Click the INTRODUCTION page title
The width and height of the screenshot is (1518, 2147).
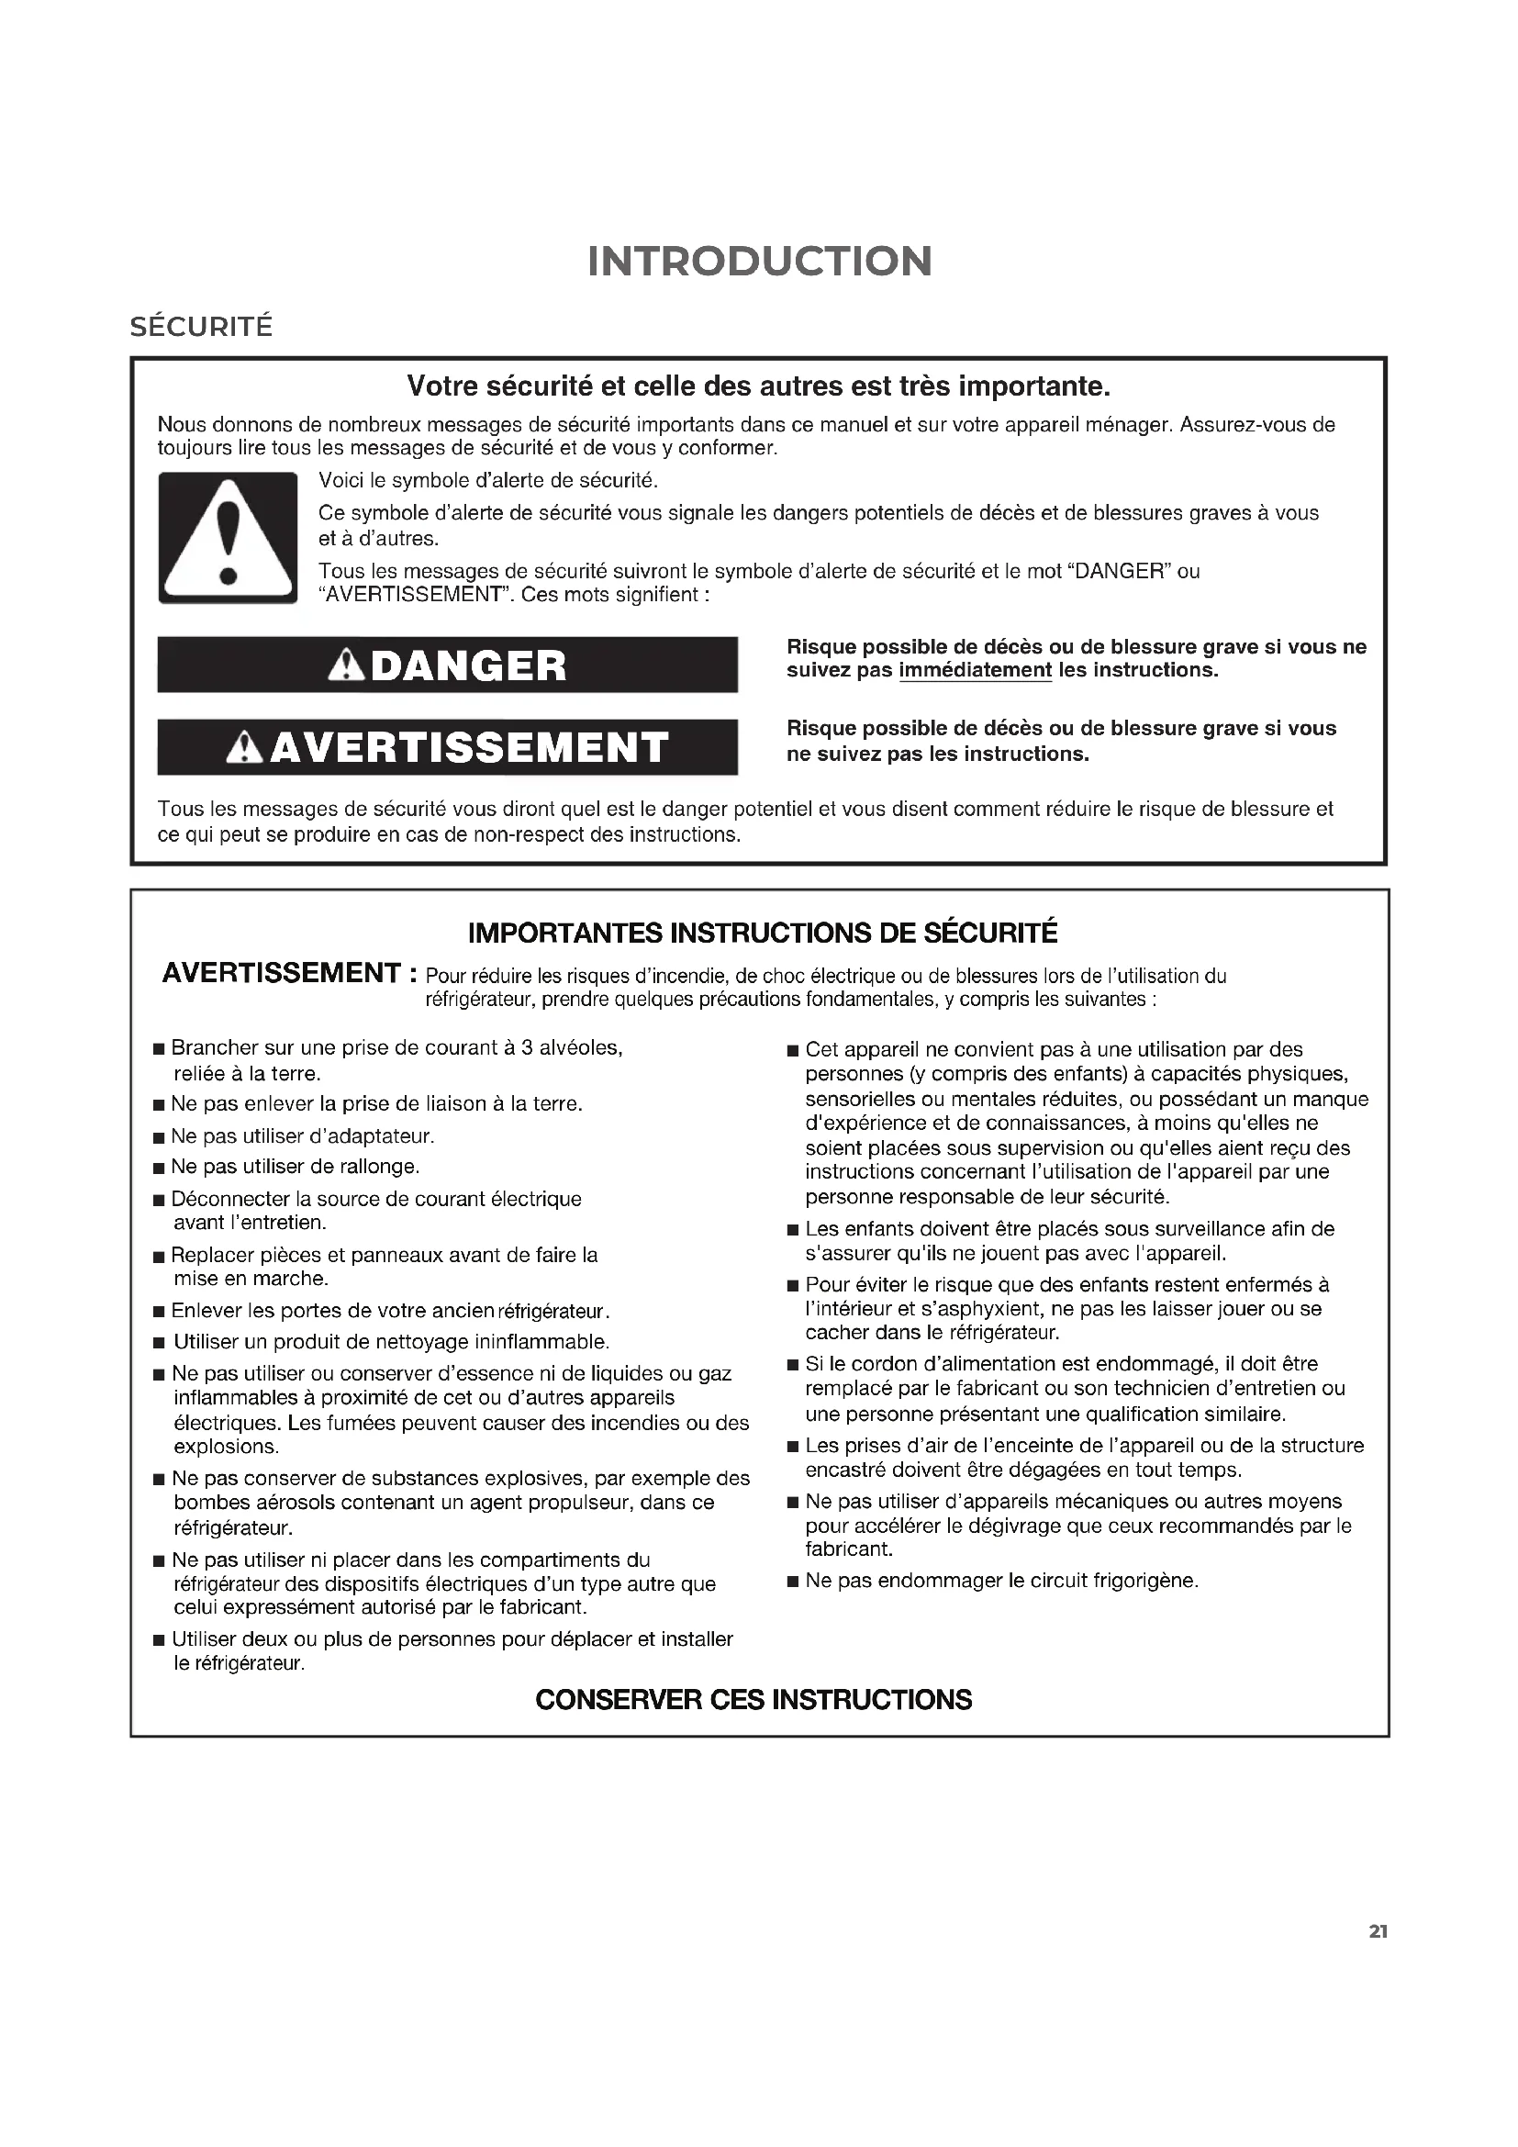[759, 261]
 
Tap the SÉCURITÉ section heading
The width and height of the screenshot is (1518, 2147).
[201, 327]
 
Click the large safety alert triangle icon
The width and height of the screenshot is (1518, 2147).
[227, 538]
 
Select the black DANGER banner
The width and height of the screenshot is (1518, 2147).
[447, 665]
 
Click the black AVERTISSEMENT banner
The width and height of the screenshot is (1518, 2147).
[447, 747]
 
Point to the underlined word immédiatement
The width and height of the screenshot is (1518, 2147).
[975, 670]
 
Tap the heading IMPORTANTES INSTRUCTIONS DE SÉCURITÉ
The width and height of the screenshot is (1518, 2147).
[762, 934]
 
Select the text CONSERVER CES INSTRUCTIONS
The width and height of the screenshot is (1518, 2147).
[753, 1699]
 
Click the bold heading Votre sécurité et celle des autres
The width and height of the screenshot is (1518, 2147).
[758, 386]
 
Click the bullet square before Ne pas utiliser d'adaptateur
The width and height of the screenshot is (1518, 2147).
[159, 1138]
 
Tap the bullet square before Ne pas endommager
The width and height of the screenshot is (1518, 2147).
[793, 1582]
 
